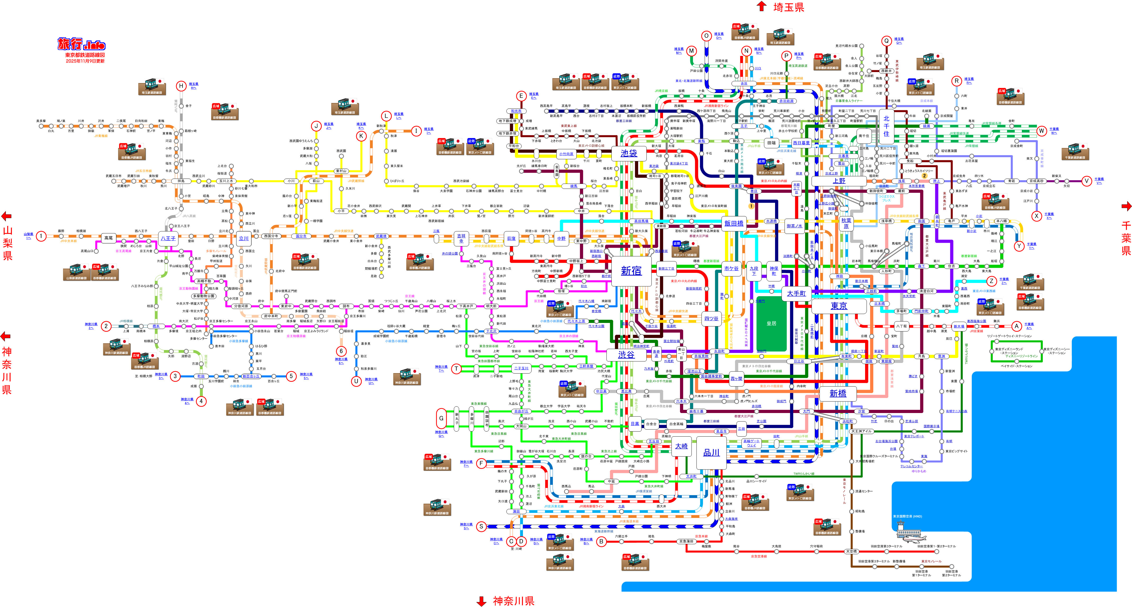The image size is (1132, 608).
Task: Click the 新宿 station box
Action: tap(631, 271)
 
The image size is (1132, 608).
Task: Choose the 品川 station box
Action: tap(711, 452)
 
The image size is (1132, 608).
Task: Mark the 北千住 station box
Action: tap(886, 126)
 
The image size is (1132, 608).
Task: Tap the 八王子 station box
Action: tap(168, 238)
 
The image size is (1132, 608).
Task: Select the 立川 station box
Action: tap(243, 238)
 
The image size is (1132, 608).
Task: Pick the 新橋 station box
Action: tap(838, 393)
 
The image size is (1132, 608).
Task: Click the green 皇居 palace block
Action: tap(771, 323)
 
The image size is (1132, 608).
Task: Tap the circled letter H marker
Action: tap(181, 86)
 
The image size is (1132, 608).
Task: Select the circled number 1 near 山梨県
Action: tap(41, 236)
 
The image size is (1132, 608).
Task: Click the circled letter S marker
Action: tap(481, 526)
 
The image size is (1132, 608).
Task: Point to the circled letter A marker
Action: tap(1017, 326)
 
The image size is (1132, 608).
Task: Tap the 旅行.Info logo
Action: tap(82, 45)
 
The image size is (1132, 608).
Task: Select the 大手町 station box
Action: tap(796, 293)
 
